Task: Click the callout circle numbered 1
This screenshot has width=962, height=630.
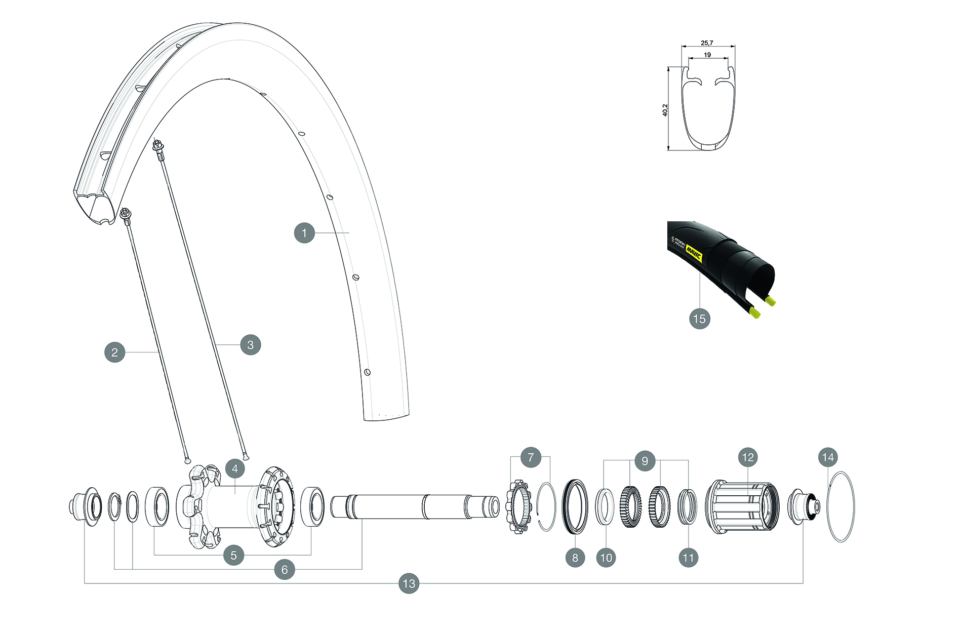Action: click(x=304, y=233)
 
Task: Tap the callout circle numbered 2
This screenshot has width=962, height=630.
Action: click(x=115, y=352)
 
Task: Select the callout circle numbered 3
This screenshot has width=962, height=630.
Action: click(x=250, y=345)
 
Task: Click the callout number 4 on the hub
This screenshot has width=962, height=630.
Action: click(x=235, y=469)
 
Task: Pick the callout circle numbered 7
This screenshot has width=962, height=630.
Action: click(x=531, y=458)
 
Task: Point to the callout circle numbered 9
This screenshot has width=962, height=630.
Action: click(x=645, y=461)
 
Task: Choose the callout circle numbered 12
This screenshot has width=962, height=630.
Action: click(x=748, y=458)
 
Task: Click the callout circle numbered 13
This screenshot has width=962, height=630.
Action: click(x=409, y=583)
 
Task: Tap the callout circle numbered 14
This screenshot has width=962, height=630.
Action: click(x=828, y=458)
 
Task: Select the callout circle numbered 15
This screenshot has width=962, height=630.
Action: click(x=699, y=319)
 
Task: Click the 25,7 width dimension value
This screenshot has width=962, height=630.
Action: click(x=707, y=43)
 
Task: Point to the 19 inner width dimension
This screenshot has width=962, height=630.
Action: click(x=707, y=55)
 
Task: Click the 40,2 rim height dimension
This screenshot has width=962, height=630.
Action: click(x=665, y=110)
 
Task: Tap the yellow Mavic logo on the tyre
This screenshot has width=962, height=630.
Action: click(x=694, y=252)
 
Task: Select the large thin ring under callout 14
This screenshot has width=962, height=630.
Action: click(x=840, y=506)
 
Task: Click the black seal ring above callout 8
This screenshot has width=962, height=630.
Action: click(x=575, y=506)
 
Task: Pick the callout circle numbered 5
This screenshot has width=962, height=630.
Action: click(x=233, y=555)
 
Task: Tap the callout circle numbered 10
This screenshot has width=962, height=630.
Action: click(x=606, y=558)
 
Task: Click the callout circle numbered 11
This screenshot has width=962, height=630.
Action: click(x=688, y=558)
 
